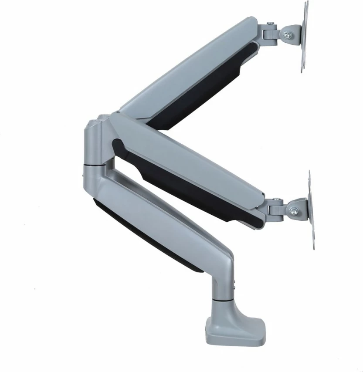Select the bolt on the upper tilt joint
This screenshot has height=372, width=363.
pyautogui.click(x=288, y=34)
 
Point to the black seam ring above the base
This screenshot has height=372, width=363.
pyautogui.click(x=224, y=299)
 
